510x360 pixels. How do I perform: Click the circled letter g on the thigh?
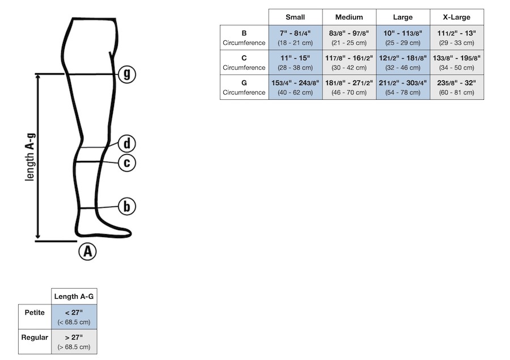pyautogui.click(x=127, y=74)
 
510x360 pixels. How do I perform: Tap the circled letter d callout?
pyautogui.click(x=127, y=143)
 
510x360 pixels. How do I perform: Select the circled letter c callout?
pyautogui.click(x=127, y=163)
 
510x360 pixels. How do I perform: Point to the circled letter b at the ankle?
pyautogui.click(x=127, y=207)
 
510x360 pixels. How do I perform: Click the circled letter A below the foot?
pyautogui.click(x=87, y=251)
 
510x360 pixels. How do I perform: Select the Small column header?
pyautogui.click(x=295, y=17)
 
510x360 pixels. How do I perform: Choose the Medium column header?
pyautogui.click(x=349, y=17)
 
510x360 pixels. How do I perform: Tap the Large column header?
pyautogui.click(x=403, y=17)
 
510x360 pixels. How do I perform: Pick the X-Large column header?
pyautogui.click(x=457, y=17)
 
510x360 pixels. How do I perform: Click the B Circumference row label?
pyautogui.click(x=244, y=37)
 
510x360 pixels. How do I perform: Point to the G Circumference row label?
pyautogui.click(x=244, y=87)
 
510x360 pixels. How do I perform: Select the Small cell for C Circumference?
pyautogui.click(x=295, y=62)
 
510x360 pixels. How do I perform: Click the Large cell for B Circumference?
pyautogui.click(x=403, y=37)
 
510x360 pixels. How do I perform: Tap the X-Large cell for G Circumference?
pyautogui.click(x=457, y=87)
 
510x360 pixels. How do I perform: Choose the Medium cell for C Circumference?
pyautogui.click(x=349, y=62)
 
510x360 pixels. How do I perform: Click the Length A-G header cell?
pyautogui.click(x=74, y=297)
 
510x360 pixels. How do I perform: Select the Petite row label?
pyautogui.click(x=35, y=312)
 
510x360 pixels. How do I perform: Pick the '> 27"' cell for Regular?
pyautogui.click(x=74, y=342)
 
